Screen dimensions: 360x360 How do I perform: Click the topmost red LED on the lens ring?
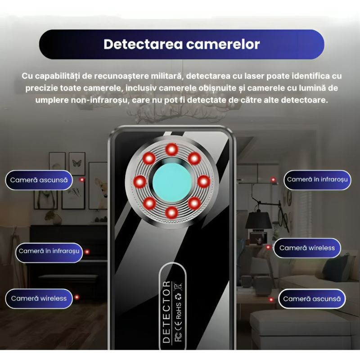pyautogui.click(x=171, y=149)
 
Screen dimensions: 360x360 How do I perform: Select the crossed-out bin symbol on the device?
pyautogui.click(x=178, y=286)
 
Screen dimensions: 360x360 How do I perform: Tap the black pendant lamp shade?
pyautogui.click(x=258, y=220)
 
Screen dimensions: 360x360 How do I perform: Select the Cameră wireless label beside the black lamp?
pyautogui.click(x=307, y=248)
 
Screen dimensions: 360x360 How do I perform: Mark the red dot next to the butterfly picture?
pyautogui.click(x=82, y=180)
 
